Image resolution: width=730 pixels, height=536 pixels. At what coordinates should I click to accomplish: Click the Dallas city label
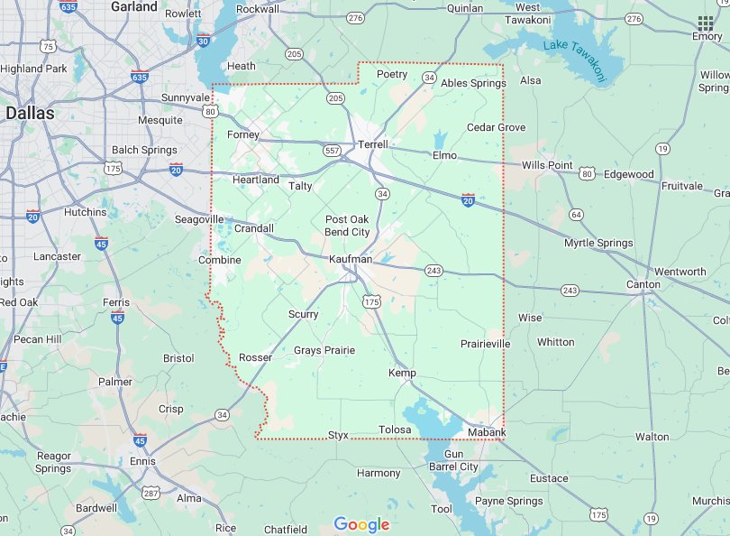(x=30, y=114)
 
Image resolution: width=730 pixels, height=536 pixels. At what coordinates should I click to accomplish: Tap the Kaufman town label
(x=350, y=260)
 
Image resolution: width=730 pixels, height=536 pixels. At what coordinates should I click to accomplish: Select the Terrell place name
(x=373, y=144)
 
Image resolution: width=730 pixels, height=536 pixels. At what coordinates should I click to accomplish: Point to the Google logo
(x=361, y=524)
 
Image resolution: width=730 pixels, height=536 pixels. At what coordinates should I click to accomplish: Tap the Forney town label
(x=243, y=135)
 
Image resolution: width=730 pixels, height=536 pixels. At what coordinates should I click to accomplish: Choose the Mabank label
(x=487, y=433)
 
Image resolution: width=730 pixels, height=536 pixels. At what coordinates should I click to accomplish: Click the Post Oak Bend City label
(x=347, y=226)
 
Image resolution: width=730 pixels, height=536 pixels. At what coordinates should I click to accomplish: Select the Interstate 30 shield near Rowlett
(x=204, y=41)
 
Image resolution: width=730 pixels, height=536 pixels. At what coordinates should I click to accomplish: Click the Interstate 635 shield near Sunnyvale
(x=140, y=78)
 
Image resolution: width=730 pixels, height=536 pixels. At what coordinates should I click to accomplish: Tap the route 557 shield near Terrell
(x=333, y=150)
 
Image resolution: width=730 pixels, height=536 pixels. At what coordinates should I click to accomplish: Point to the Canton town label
(x=644, y=285)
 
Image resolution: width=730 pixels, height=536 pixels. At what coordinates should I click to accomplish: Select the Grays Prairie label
(x=324, y=350)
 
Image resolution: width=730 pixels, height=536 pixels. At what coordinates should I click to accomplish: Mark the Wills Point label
(x=547, y=165)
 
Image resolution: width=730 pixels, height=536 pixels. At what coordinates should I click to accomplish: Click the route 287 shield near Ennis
(x=151, y=493)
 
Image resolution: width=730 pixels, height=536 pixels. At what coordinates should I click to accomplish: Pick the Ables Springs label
(x=473, y=83)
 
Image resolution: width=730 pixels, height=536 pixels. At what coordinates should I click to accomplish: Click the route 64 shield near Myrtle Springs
(x=576, y=214)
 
